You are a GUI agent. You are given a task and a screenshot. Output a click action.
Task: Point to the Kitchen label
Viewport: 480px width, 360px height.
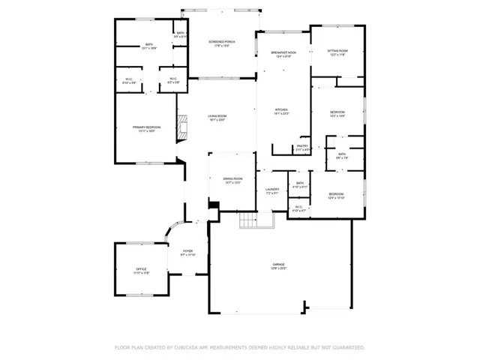[281, 112]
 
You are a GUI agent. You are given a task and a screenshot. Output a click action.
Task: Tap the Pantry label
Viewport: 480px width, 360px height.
[302, 147]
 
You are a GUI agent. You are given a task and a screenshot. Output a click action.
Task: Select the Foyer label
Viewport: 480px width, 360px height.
[187, 253]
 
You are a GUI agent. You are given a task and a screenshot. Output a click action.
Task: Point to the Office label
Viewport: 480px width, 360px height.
[141, 270]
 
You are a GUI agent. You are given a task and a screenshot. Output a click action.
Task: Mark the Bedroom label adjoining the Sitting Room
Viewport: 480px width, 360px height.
[337, 114]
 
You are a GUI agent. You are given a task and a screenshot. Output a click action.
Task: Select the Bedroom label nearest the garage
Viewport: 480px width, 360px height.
[335, 196]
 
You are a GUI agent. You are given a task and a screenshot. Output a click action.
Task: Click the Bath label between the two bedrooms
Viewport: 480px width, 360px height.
[341, 155]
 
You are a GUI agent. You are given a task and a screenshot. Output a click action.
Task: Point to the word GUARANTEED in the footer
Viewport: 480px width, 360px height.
[346, 347]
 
